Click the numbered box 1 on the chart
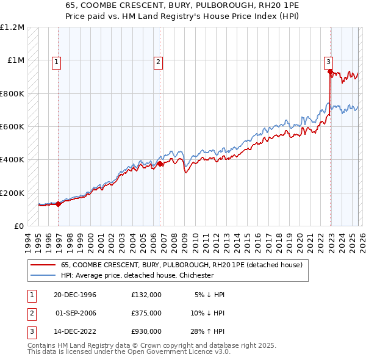click(x=56, y=61)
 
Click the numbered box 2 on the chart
click(x=158, y=61)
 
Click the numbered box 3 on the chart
click(x=328, y=61)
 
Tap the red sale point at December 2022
click(x=330, y=72)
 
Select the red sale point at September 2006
click(x=160, y=164)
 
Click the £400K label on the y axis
click(x=12, y=160)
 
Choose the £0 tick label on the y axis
click(x=18, y=226)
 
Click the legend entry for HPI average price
click(x=137, y=275)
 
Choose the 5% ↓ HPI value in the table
click(x=210, y=295)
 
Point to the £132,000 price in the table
click(x=146, y=295)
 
